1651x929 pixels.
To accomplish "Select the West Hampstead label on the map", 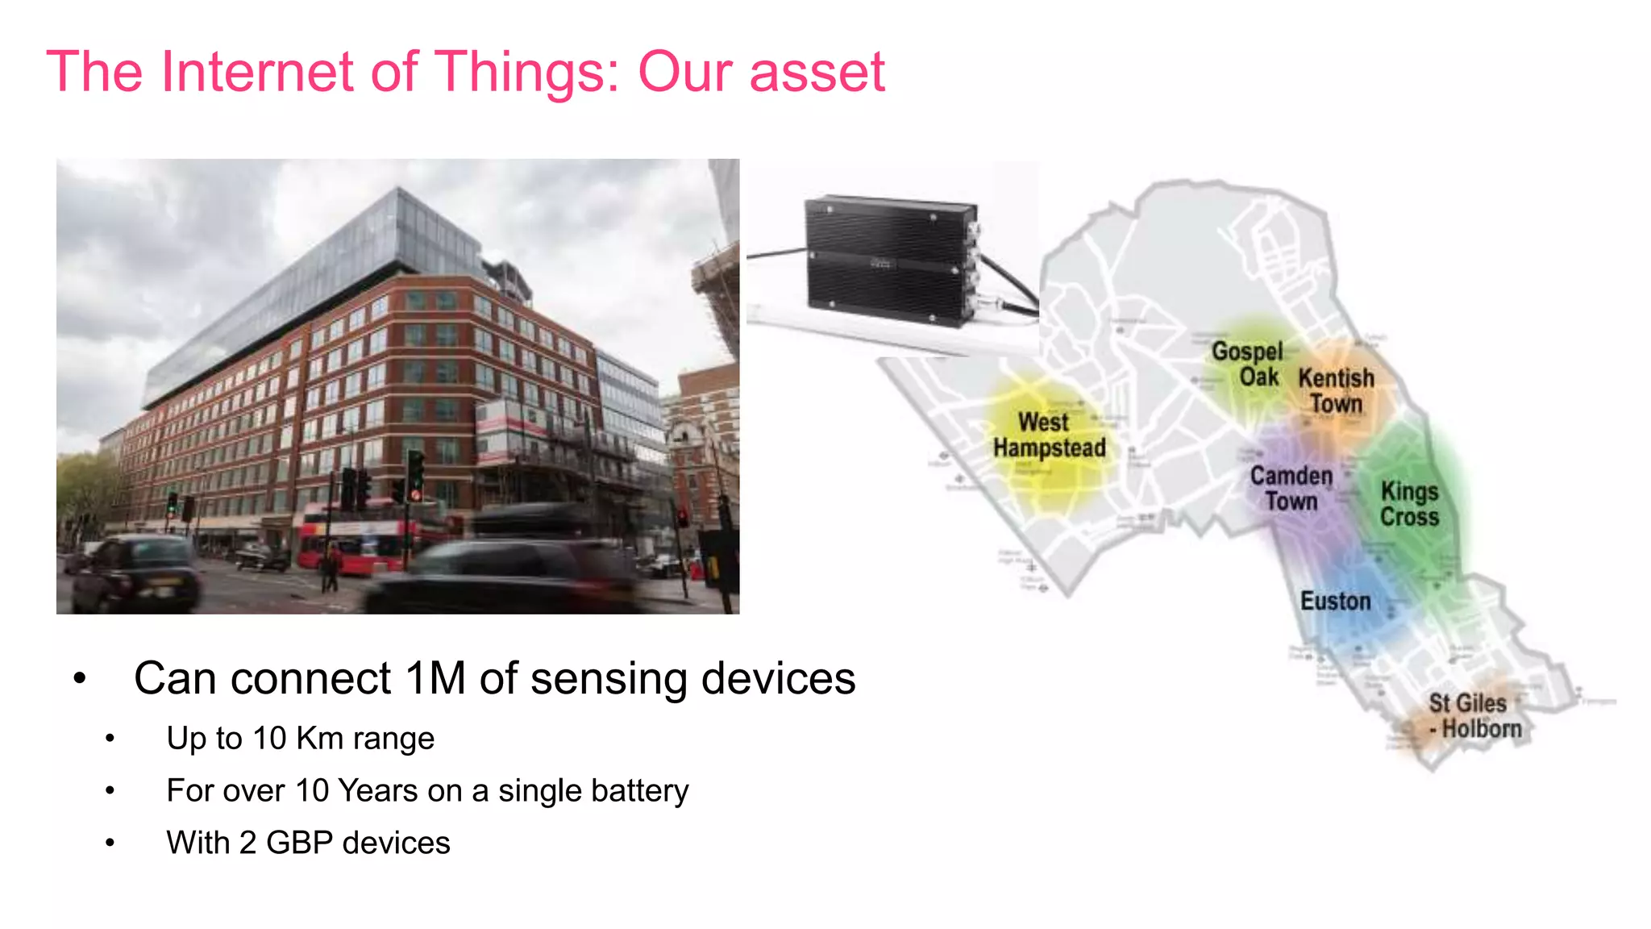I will [1049, 435].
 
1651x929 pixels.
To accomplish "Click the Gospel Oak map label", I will [1247, 364].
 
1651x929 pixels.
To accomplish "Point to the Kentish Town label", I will [1336, 390].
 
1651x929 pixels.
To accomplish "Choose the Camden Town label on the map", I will [1291, 489].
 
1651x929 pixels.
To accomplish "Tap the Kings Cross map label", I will [1409, 504].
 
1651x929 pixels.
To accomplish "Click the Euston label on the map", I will [1335, 602].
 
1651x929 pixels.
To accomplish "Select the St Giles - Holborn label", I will [1474, 716].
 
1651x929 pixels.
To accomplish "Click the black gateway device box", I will [891, 260].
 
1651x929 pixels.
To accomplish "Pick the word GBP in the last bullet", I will [299, 844].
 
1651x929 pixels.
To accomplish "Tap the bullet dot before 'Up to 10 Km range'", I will [110, 739].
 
